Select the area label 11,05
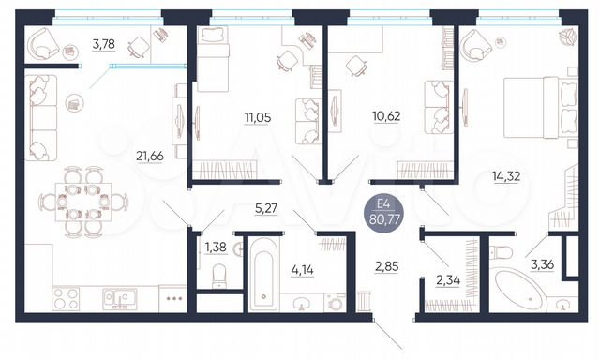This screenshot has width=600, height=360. (x=258, y=117)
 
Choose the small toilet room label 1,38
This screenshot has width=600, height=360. (x=216, y=247)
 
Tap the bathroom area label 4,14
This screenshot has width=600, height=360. (x=302, y=271)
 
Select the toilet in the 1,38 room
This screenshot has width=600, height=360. (x=217, y=275)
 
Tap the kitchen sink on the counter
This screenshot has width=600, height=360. (x=116, y=297)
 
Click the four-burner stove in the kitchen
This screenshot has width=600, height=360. (x=67, y=299)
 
